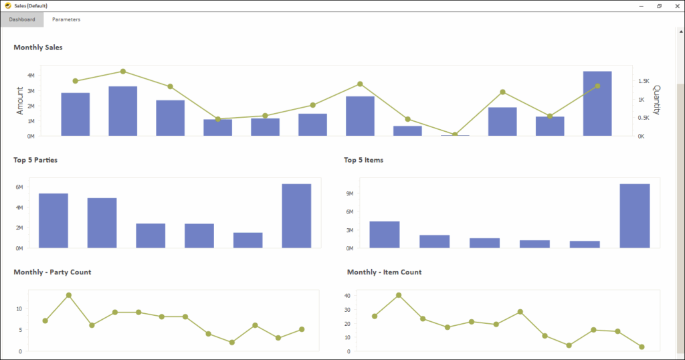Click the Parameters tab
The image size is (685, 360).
66,19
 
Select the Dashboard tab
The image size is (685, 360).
22,19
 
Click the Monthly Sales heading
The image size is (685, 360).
38,48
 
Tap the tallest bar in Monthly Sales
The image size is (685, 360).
597,104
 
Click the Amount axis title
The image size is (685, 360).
19,100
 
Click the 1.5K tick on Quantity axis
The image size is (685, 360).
644,81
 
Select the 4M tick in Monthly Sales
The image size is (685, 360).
31,75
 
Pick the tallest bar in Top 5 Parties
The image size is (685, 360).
296,216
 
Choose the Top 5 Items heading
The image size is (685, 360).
363,160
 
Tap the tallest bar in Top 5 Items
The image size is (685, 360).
635,216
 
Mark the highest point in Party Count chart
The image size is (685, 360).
68,295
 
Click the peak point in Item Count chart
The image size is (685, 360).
398,295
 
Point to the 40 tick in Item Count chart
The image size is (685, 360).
347,295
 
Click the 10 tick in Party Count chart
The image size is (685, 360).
19,308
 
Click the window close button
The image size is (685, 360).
676,5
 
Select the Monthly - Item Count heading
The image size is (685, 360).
384,272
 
